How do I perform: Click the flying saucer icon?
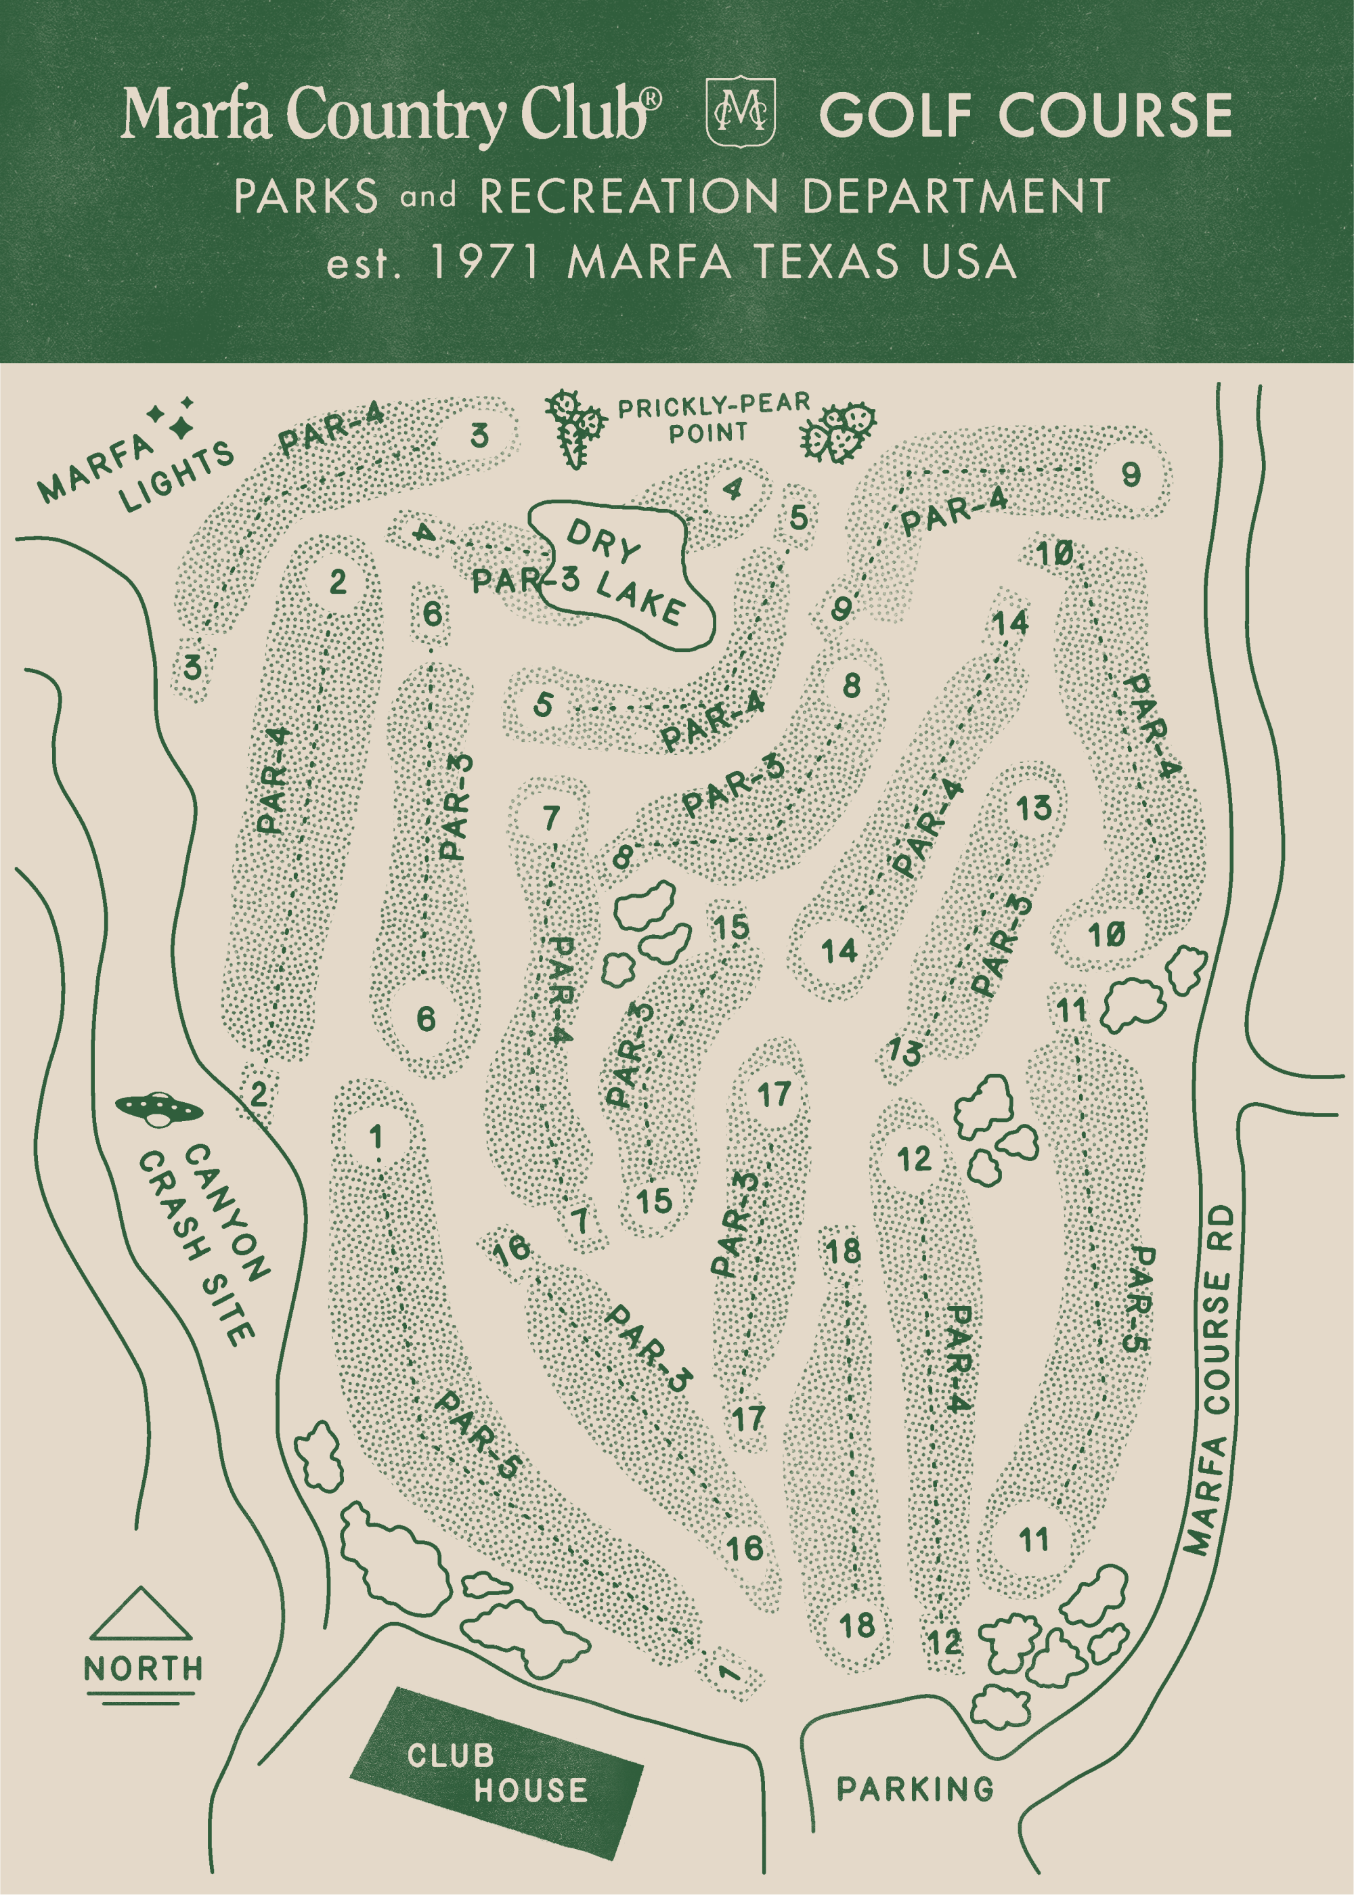coord(158,1108)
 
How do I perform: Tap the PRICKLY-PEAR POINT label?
coord(712,418)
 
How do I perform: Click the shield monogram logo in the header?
coord(741,112)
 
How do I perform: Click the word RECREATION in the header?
coord(630,197)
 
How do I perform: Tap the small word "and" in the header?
coord(428,198)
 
